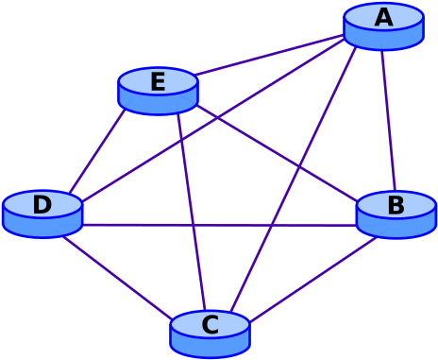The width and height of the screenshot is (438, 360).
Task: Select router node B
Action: (396, 214)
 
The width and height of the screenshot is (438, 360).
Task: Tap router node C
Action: (210, 334)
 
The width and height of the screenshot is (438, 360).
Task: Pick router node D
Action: (42, 214)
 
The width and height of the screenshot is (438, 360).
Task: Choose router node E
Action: (158, 91)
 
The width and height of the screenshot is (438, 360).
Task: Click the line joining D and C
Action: (118, 278)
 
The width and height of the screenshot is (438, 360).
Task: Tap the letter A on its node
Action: (383, 17)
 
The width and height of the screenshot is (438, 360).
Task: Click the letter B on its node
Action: (396, 205)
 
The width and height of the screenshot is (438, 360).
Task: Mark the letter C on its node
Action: (210, 325)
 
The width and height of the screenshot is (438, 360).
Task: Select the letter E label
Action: (158, 82)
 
